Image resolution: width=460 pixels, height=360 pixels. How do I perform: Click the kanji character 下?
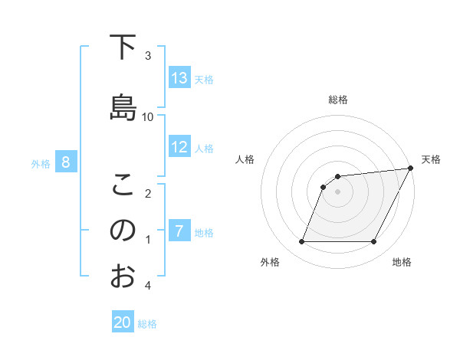coord(123,47)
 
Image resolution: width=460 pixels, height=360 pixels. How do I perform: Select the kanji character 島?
coord(123,107)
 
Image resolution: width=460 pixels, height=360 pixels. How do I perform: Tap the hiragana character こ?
coord(123,185)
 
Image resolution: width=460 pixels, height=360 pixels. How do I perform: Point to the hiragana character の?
coord(123,231)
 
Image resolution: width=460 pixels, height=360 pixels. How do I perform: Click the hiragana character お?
coord(123,276)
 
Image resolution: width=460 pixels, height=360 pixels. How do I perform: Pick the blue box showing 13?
coord(179,78)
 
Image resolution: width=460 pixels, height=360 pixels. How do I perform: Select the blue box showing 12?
coord(179,147)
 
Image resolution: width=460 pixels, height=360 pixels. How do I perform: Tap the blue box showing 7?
coord(179,231)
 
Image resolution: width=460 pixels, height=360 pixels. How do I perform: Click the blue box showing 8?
coord(66,162)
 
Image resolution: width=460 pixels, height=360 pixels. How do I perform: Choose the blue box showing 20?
coord(123,322)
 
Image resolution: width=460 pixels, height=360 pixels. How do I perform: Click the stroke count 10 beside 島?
coord(148,116)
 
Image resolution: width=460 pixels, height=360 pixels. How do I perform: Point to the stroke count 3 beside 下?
coord(148,55)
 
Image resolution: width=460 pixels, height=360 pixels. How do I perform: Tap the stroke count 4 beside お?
coord(148,286)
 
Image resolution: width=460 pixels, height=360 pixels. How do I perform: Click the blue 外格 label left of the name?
coord(41,163)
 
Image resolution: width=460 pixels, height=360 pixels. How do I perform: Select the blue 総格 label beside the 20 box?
coord(147,323)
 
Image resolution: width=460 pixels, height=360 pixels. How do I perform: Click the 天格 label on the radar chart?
coord(431,159)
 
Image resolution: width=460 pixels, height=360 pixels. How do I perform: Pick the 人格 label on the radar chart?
coord(245,159)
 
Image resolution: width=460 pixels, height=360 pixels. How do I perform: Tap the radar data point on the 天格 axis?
coord(411,169)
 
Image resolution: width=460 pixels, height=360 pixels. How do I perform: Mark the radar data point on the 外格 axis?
coord(301,242)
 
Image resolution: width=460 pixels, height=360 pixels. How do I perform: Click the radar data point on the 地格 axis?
coord(374,242)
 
